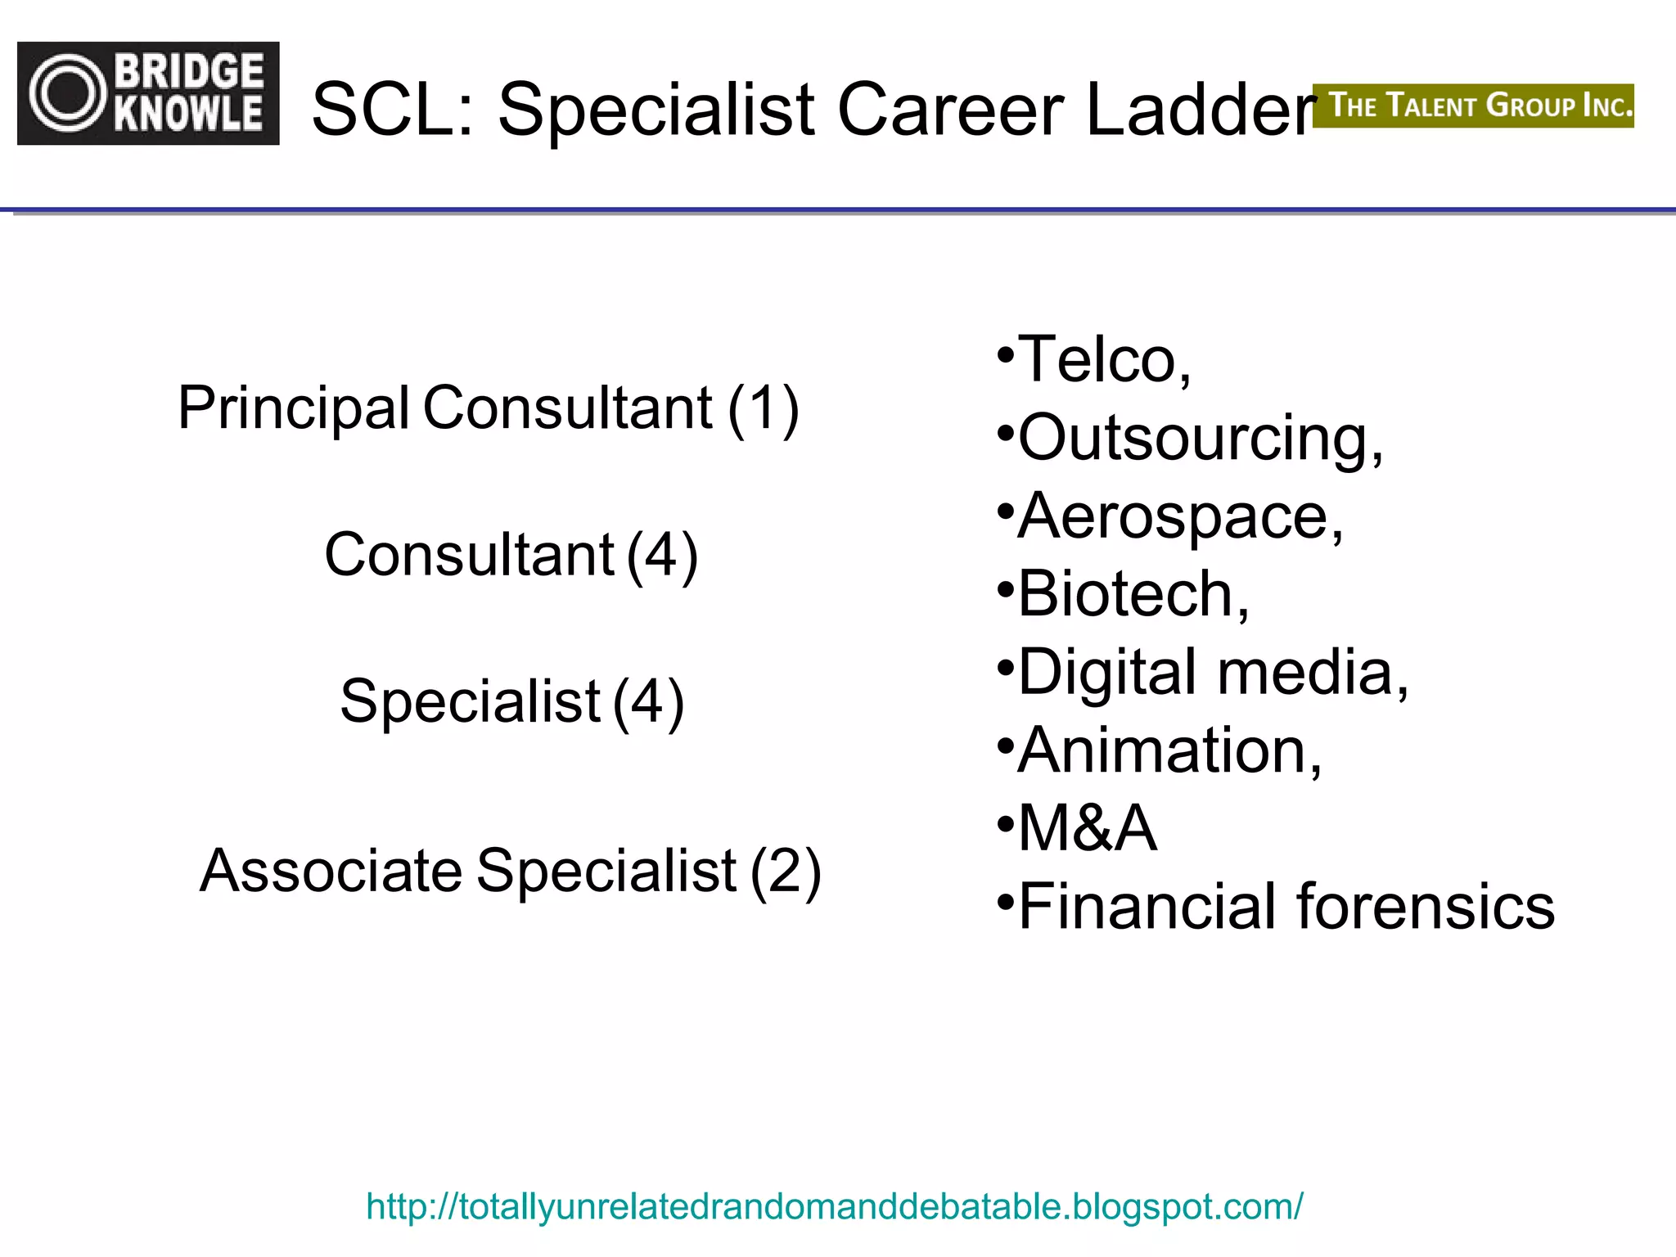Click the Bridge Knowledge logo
tap(148, 93)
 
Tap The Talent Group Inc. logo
tap(1473, 106)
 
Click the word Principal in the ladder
tap(293, 408)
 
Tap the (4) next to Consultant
tap(662, 555)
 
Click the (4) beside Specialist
tap(648, 701)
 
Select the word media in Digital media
tap(1313, 672)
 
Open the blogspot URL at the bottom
tap(835, 1206)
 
